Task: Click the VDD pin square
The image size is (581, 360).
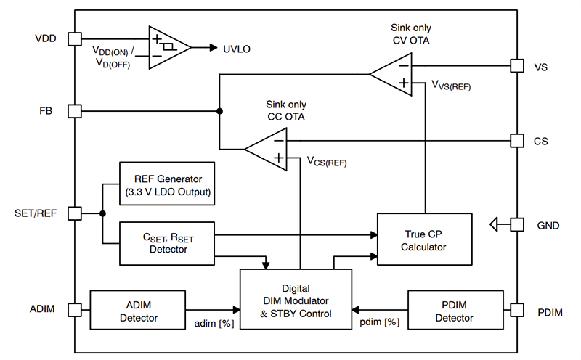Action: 74,38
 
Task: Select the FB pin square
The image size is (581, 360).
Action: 74,111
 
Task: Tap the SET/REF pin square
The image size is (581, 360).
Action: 74,213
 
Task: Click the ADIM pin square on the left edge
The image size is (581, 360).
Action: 74,310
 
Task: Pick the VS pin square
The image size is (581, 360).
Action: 516,65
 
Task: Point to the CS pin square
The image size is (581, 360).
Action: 516,141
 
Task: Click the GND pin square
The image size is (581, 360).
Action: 516,225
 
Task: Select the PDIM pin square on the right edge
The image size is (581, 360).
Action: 516,310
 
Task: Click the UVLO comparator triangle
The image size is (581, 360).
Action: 167,47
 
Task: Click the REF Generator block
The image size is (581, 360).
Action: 167,184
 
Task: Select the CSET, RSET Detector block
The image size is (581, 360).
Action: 167,242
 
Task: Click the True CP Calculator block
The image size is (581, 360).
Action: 425,240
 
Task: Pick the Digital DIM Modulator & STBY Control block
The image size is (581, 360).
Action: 296,299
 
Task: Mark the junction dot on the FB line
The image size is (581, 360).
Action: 219,111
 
